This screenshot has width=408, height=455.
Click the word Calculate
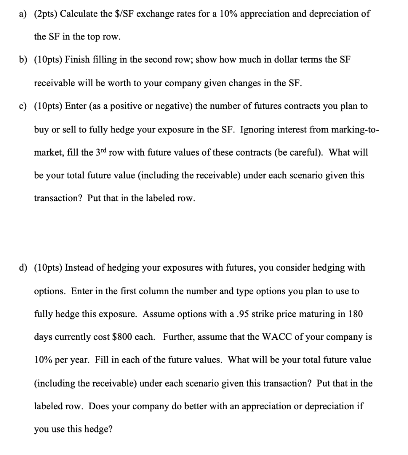click(x=79, y=14)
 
